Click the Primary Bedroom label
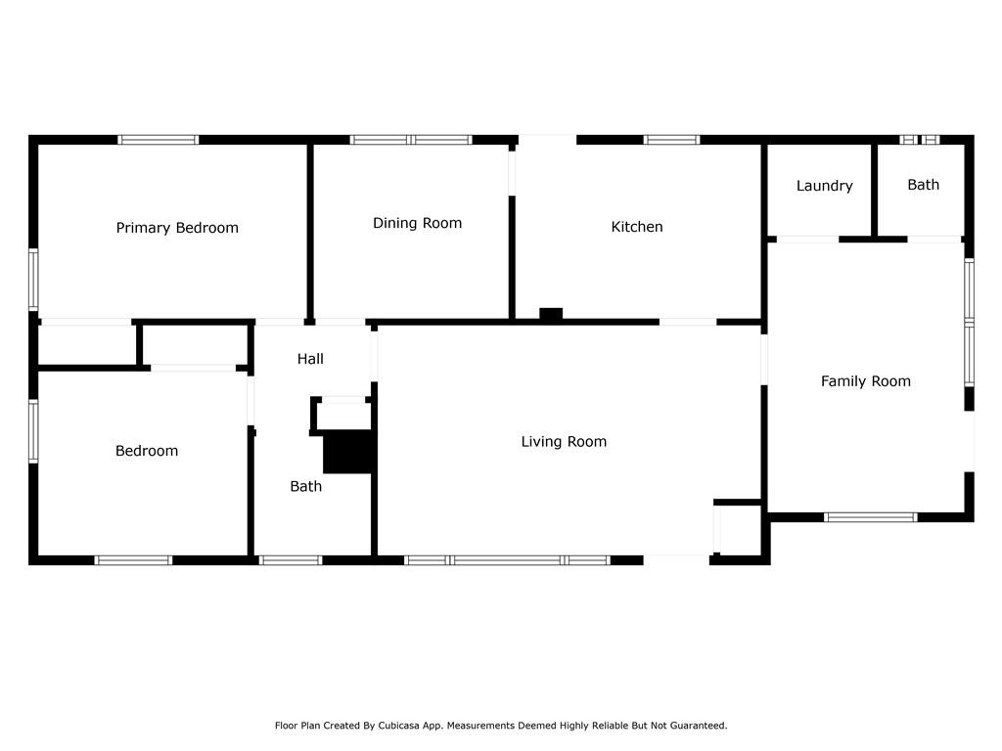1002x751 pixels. (177, 227)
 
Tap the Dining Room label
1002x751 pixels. (417, 223)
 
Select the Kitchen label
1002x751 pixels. (637, 227)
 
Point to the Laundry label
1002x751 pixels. (824, 186)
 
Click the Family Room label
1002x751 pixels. (866, 381)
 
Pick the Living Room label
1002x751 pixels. (564, 441)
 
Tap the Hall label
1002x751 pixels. (310, 359)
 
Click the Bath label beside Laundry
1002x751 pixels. (924, 185)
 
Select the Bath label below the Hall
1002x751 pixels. (306, 487)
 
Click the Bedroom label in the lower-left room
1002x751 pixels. (147, 451)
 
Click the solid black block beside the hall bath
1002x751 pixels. (347, 452)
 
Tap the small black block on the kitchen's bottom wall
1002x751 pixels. (551, 314)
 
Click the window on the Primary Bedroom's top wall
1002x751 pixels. (159, 140)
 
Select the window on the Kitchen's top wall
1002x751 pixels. (671, 140)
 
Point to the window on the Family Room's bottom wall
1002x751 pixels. (870, 517)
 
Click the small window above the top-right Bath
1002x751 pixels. (920, 140)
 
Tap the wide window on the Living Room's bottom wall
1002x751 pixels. (508, 560)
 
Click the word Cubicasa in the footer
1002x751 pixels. (399, 726)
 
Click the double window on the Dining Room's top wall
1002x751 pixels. (411, 140)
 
